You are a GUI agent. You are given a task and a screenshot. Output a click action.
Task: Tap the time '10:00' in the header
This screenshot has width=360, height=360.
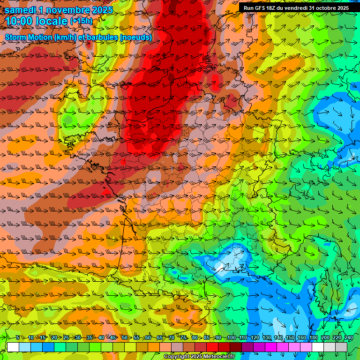point(22,21)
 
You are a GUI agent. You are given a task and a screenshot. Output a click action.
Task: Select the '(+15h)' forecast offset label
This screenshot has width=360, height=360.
point(81,21)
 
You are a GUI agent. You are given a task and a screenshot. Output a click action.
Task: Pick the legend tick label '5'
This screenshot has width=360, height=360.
point(18,338)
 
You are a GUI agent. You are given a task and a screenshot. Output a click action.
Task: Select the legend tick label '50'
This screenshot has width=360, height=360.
point(125,338)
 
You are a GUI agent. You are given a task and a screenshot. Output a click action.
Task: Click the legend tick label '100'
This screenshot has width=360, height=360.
point(231,338)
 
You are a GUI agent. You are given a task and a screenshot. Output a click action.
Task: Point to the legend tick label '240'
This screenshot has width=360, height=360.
point(349,338)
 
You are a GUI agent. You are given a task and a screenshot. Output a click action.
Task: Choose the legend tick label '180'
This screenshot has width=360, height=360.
point(314,338)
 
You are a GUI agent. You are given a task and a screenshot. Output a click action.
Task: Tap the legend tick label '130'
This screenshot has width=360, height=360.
point(267,338)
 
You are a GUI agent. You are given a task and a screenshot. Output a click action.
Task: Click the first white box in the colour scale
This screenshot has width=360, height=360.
point(13,347)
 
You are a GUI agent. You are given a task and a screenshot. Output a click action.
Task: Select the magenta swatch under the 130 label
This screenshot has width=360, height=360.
point(271,347)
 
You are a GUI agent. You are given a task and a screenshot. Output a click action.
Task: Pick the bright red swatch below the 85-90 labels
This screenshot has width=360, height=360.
point(212,347)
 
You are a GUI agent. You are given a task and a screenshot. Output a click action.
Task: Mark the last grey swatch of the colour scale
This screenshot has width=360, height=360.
point(342,347)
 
